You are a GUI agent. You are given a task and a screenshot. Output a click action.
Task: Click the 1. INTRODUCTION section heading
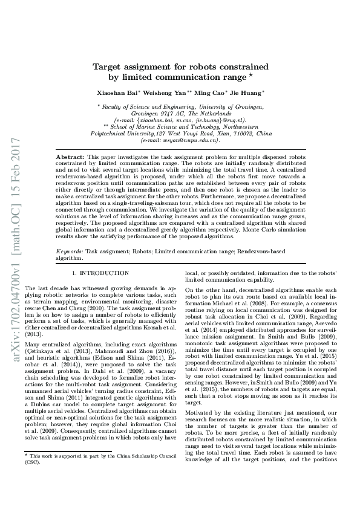click(x=100, y=273)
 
